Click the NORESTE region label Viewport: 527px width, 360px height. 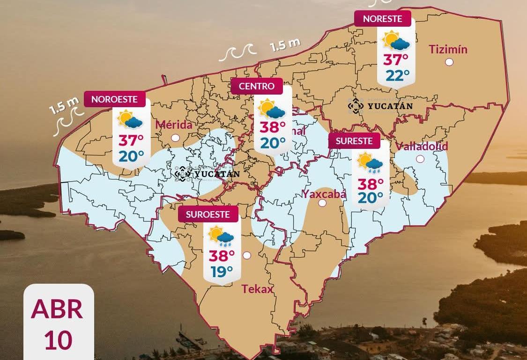[383, 19]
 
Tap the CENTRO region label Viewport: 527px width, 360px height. [257, 86]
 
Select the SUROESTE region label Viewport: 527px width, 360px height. [208, 214]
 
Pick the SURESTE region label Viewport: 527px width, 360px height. [354, 141]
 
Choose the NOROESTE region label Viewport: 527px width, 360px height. [114, 99]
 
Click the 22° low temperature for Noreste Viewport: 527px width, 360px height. [397, 75]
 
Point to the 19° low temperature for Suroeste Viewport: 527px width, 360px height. [222, 271]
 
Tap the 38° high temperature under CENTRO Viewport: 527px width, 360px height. [273, 127]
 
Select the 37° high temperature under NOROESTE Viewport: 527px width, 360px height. [131, 140]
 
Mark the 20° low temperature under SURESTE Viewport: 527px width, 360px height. [370, 198]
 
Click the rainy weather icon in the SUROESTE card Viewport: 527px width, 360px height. [222, 236]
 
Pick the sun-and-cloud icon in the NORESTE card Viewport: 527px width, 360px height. [396, 41]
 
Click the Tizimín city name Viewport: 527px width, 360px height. [448, 49]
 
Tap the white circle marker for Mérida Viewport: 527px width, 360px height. [176, 138]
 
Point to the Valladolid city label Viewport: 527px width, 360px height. [422, 146]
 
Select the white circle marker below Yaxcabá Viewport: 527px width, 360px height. [322, 203]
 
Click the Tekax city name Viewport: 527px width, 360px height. [257, 289]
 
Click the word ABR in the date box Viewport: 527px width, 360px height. [57, 309]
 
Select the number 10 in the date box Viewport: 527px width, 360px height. [58, 340]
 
